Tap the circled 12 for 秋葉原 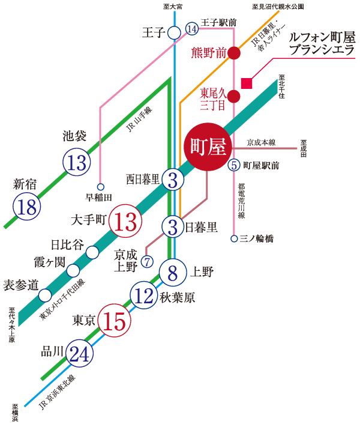coord(144,296)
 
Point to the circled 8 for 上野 coord(173,273)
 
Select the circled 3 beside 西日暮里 coord(173,179)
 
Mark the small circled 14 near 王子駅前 coord(192,29)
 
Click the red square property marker coord(246,83)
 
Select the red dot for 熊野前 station coord(235,53)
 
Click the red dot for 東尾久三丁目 coord(235,96)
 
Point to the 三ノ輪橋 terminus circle coord(234,238)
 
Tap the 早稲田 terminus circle coord(100,187)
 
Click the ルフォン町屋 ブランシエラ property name coord(322,43)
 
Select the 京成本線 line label coord(261,142)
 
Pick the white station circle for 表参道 coord(45,295)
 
